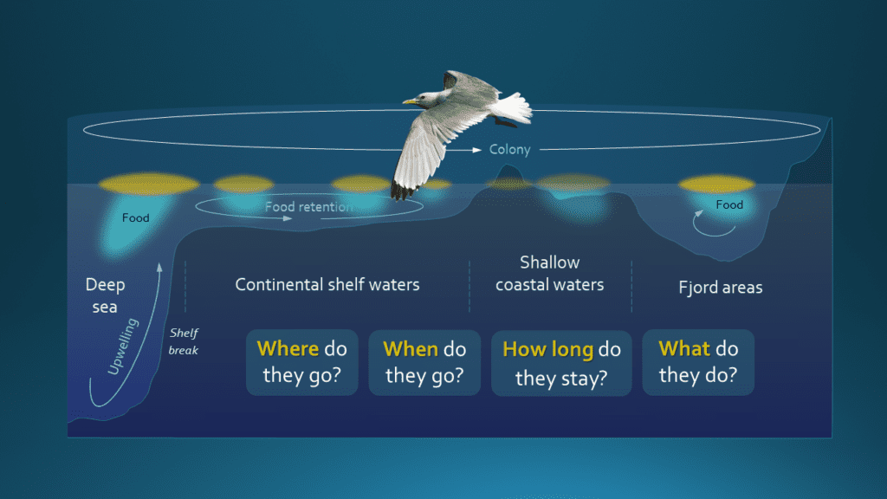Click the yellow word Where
pyautogui.click(x=288, y=348)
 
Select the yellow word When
pyautogui.click(x=411, y=349)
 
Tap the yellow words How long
pyautogui.click(x=548, y=350)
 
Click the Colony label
pyautogui.click(x=509, y=149)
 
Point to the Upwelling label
pyautogui.click(x=123, y=347)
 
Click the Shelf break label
pyautogui.click(x=184, y=341)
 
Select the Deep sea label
pyautogui.click(x=105, y=295)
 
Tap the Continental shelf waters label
pyautogui.click(x=327, y=284)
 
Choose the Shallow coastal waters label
pyautogui.click(x=550, y=273)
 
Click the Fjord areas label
pyautogui.click(x=721, y=288)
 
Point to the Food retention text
pyautogui.click(x=309, y=206)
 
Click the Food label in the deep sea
pyautogui.click(x=136, y=217)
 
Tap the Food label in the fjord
pyautogui.click(x=729, y=204)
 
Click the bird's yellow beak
pyautogui.click(x=409, y=101)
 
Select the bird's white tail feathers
pyautogui.click(x=513, y=107)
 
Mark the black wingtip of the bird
pyautogui.click(x=401, y=191)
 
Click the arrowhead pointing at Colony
pyautogui.click(x=477, y=150)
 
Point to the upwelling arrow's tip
pyautogui.click(x=160, y=267)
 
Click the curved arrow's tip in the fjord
pyautogui.click(x=700, y=213)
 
